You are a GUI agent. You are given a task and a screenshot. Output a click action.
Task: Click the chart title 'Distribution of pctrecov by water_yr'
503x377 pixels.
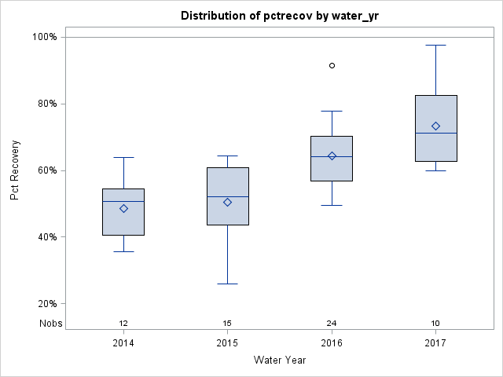coord(279,16)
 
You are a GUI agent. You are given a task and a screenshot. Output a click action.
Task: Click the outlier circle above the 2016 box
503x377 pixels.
coord(332,65)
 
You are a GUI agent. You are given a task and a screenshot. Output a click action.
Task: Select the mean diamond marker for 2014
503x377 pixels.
coord(123,208)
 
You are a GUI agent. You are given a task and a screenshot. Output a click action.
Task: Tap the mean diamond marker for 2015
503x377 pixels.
coord(228,202)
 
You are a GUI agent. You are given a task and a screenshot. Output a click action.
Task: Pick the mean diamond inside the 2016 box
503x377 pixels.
coord(332,156)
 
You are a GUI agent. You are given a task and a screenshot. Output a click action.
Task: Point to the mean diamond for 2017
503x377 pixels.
coord(435,126)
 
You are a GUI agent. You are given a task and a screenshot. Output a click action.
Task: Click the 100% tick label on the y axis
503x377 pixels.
coord(43,37)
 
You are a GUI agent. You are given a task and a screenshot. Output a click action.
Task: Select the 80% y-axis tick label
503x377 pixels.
coord(46,104)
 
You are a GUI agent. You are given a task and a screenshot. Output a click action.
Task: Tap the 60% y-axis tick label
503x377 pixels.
coord(46,170)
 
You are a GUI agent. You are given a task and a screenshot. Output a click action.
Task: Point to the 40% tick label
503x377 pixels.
coord(46,237)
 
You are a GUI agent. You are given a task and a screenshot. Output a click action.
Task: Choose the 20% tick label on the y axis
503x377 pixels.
coord(46,304)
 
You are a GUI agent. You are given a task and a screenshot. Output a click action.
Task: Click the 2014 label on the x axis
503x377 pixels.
coord(123,343)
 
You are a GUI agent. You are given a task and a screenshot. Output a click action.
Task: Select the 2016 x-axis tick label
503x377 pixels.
coord(332,343)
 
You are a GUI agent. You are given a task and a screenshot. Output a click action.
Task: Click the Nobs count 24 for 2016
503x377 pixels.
coord(332,323)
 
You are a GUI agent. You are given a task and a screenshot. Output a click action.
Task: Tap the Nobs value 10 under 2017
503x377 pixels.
coord(435,323)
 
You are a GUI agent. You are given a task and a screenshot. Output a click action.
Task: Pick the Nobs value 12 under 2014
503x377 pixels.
coord(123,323)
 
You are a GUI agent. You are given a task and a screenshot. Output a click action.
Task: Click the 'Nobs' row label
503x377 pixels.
coord(50,323)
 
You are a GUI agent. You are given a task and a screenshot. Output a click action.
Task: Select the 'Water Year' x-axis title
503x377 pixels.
coord(279,361)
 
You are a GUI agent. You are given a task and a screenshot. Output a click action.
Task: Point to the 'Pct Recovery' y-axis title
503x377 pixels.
coord(15,170)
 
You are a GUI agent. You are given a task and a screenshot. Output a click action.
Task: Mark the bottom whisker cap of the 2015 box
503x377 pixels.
coord(228,284)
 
